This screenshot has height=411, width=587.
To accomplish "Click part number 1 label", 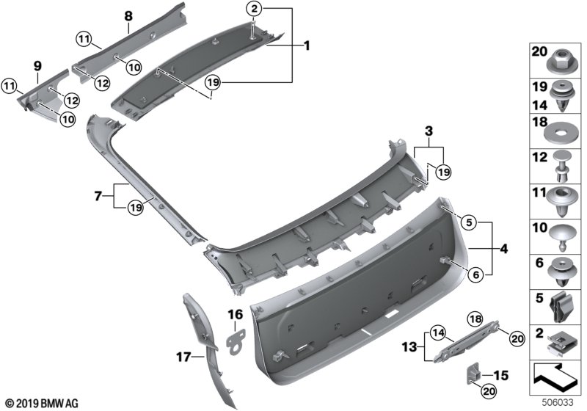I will [x=307, y=46].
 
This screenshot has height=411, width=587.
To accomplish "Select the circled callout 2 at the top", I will [x=253, y=10].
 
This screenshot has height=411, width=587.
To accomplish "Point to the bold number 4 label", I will [x=503, y=249].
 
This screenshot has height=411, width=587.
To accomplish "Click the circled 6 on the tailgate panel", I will [x=473, y=274].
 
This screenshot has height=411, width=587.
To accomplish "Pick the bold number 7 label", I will [x=98, y=197].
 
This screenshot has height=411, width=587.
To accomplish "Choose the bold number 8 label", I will [x=128, y=15].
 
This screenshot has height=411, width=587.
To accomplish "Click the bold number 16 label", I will [x=236, y=315].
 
